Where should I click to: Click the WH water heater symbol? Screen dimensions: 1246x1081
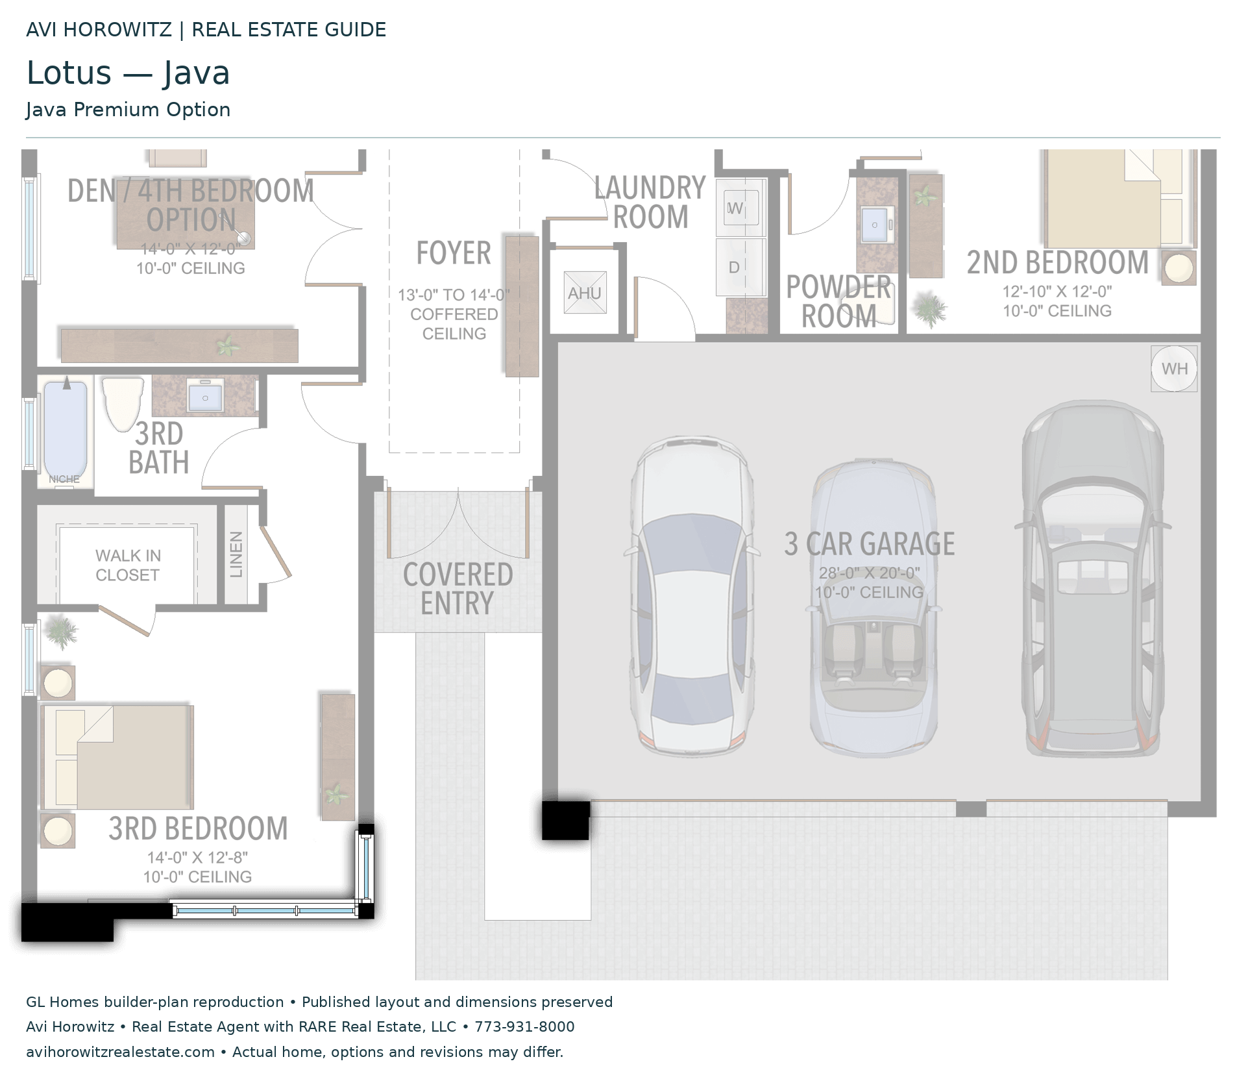1174,369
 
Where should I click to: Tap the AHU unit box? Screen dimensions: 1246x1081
585,293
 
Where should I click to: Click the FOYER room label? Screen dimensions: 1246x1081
454,253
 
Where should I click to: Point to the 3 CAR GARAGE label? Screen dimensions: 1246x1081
870,543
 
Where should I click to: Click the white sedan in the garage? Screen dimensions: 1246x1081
691,595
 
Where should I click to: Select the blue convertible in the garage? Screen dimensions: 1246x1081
873,608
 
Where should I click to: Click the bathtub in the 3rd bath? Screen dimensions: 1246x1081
66,430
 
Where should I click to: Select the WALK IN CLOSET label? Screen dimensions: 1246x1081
128,565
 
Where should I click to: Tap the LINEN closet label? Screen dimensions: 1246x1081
236,554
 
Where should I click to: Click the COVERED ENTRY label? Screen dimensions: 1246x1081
458,588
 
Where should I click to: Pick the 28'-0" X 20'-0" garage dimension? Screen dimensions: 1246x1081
870,573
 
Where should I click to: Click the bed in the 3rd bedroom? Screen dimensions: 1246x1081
117,758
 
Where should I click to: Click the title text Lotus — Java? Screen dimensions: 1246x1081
128,73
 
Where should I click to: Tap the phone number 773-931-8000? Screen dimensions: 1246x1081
524,1026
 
